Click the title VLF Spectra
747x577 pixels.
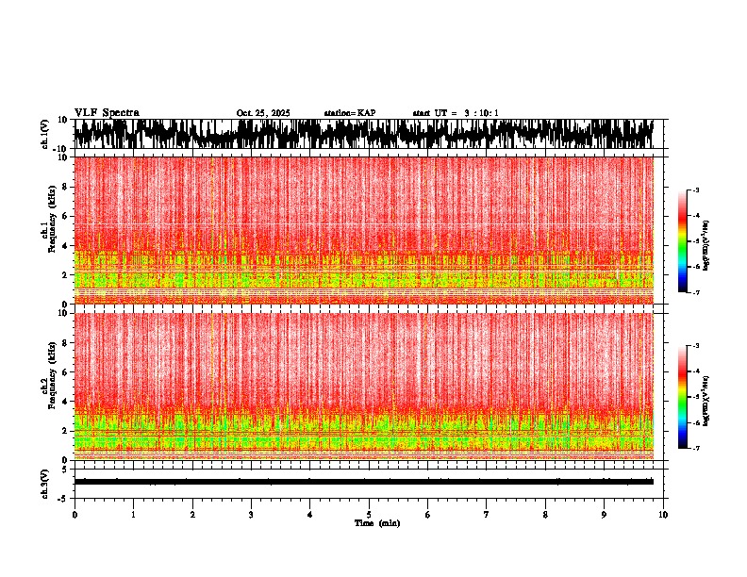[107, 112]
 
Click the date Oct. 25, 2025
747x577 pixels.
[263, 113]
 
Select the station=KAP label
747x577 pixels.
[350, 113]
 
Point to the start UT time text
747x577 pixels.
[456, 113]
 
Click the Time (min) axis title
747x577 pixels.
[377, 522]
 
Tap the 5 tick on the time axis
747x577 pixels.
[369, 515]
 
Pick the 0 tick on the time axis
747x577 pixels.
[75, 515]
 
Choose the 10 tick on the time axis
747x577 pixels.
[663, 515]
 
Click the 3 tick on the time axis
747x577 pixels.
[251, 515]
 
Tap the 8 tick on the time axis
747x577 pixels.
[545, 515]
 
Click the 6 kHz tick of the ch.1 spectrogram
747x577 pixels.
[63, 216]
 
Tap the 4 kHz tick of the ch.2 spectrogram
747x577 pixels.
[63, 402]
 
